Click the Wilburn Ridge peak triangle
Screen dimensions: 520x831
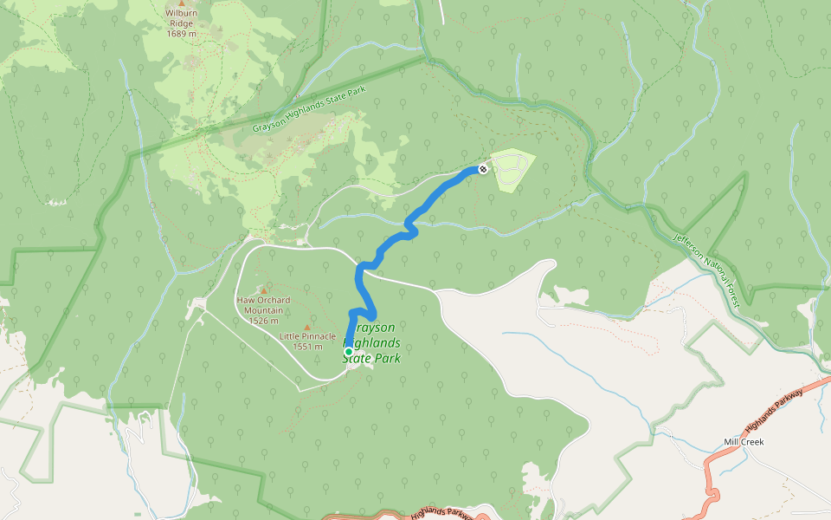[182, 3]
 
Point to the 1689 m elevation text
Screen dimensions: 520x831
[181, 36]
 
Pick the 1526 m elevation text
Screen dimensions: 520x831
[263, 321]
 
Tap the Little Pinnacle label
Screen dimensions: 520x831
[307, 336]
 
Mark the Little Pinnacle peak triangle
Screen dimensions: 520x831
[306, 327]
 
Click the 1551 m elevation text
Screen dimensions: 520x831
[307, 347]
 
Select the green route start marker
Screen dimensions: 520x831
[348, 351]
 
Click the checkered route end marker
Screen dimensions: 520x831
[482, 168]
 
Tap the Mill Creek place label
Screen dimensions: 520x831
[744, 442]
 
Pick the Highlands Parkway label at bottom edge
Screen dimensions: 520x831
[441, 513]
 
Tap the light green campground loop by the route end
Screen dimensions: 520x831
[511, 168]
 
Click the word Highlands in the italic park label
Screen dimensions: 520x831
[376, 343]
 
